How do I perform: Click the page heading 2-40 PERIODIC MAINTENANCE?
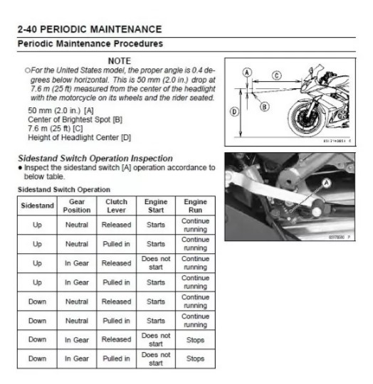[90, 29]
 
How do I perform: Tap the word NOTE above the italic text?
[120, 60]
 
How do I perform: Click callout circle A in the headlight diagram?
[247, 73]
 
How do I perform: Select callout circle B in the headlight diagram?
[264, 107]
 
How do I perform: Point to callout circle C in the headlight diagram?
[277, 75]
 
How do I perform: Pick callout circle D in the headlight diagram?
[234, 112]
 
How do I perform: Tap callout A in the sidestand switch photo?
[327, 183]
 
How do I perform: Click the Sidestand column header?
[37, 206]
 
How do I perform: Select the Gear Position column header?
[77, 206]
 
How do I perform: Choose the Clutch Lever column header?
[116, 206]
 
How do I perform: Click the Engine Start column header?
[156, 206]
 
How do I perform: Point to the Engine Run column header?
[195, 206]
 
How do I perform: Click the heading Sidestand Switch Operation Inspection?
[95, 159]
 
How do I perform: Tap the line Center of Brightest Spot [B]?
[75, 119]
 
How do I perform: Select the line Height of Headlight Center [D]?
[80, 137]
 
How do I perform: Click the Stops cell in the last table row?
[195, 358]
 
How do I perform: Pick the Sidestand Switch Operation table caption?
[64, 190]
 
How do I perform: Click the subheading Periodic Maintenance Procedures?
[90, 43]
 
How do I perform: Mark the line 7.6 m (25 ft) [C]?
[56, 128]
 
